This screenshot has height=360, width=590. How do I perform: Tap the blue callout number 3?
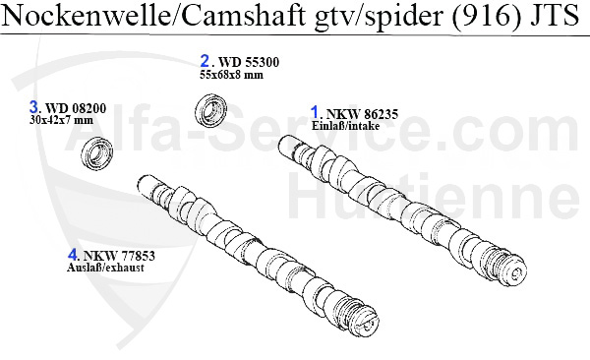[x=34, y=107]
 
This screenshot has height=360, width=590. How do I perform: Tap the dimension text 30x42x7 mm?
[x=61, y=120]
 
